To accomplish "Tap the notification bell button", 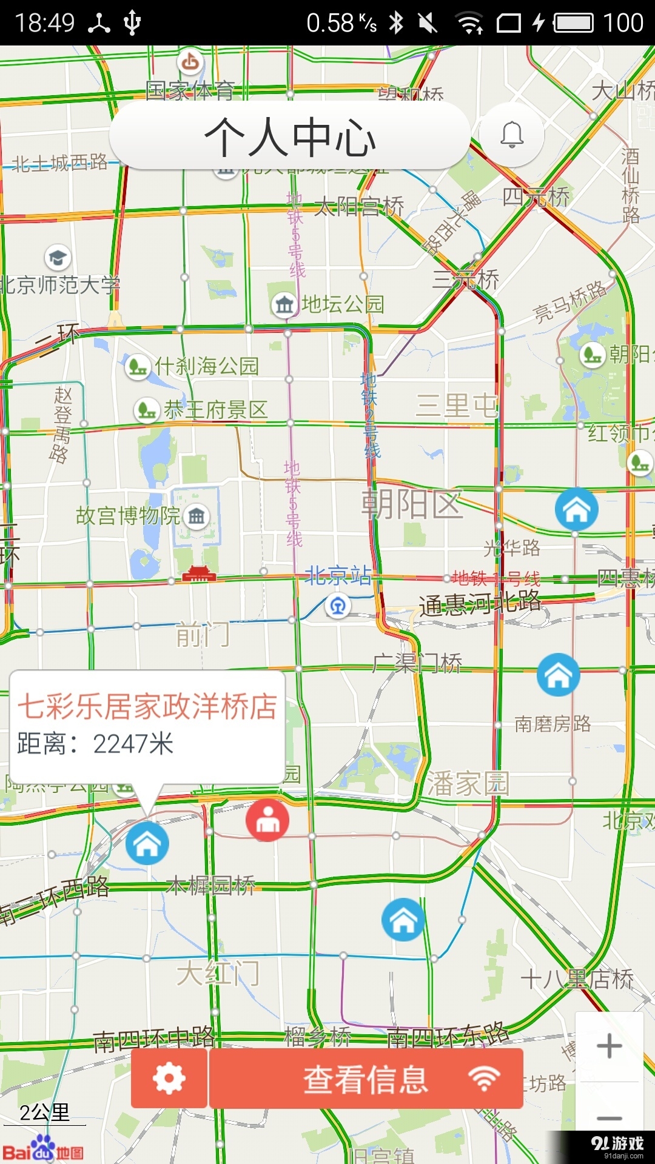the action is pyautogui.click(x=512, y=135).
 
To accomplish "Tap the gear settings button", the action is pyautogui.click(x=169, y=1079).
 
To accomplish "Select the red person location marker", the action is pyautogui.click(x=267, y=820).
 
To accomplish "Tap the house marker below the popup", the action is pyautogui.click(x=147, y=843).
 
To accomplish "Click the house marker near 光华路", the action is pyautogui.click(x=576, y=509).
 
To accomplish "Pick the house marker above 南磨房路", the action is pyautogui.click(x=558, y=675).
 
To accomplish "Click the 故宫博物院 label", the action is pyautogui.click(x=128, y=516).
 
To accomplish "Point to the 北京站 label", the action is pyautogui.click(x=338, y=575).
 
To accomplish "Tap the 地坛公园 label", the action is pyautogui.click(x=343, y=304).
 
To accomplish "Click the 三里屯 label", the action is pyautogui.click(x=456, y=405).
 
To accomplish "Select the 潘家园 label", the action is pyautogui.click(x=468, y=783).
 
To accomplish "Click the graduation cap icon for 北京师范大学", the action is pyautogui.click(x=58, y=258).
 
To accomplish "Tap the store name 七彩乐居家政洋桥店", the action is pyautogui.click(x=147, y=706).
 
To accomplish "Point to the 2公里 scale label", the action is pyautogui.click(x=44, y=1112).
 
